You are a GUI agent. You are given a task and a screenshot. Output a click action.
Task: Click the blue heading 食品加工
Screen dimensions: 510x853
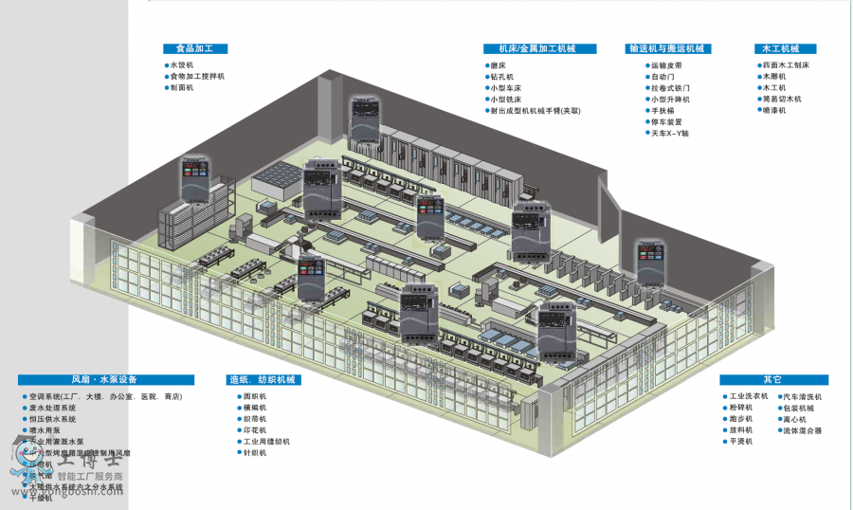click(195, 48)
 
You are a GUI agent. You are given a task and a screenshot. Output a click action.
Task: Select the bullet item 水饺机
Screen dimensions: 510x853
click(181, 65)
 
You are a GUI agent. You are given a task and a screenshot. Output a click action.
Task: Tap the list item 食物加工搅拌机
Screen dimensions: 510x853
click(197, 77)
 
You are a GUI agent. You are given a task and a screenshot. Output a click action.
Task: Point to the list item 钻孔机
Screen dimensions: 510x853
click(501, 77)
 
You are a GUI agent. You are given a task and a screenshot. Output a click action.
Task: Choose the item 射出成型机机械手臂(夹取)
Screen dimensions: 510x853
click(535, 111)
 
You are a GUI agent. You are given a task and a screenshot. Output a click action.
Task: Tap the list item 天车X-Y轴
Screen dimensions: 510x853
click(669, 134)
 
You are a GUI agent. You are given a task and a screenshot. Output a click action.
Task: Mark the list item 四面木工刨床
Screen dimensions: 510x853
click(786, 65)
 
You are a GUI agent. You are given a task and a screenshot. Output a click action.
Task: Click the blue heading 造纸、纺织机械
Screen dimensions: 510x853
click(262, 380)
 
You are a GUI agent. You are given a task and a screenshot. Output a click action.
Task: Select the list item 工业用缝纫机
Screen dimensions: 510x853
click(266, 442)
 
